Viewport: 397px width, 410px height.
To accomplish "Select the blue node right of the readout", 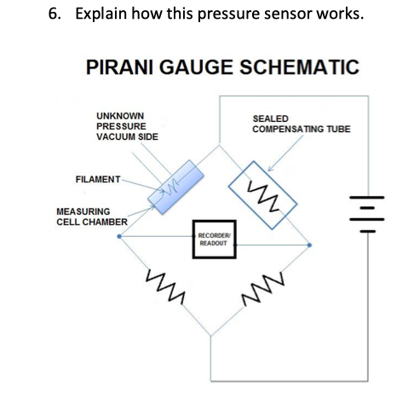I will tap(309, 245).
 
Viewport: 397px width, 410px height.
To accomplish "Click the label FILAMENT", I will tap(95, 180).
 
